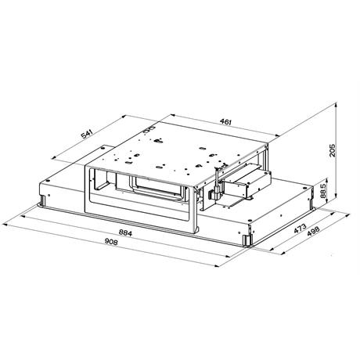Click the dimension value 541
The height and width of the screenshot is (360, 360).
point(87,135)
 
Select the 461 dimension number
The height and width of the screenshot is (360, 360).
point(225,121)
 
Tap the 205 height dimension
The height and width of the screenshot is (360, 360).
point(332,150)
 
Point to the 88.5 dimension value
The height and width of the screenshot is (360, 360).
point(323,191)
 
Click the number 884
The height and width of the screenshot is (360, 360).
point(125,232)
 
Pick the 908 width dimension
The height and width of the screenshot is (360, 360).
point(111,242)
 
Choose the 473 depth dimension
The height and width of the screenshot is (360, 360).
point(300,229)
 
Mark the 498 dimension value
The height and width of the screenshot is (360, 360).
point(313,232)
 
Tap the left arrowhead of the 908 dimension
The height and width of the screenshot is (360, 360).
point(5,224)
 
